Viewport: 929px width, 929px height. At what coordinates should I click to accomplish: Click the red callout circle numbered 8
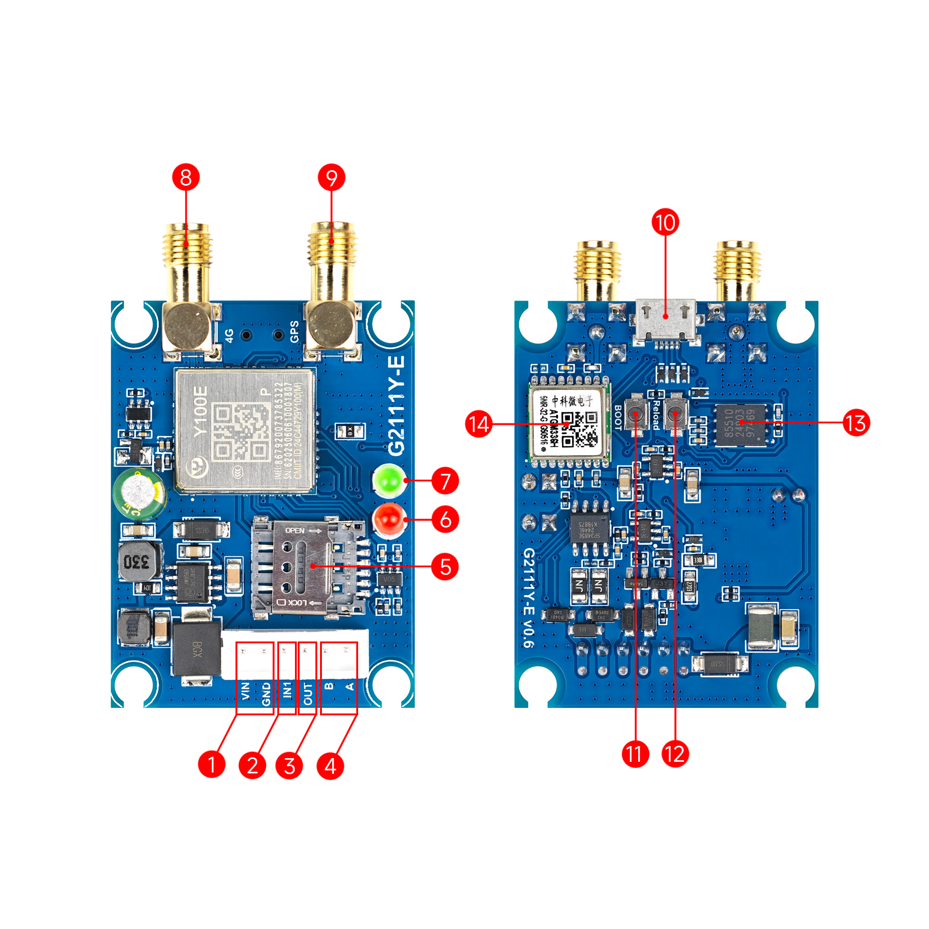coord(186,177)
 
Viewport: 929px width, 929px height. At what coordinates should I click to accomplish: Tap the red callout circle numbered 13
coord(856,423)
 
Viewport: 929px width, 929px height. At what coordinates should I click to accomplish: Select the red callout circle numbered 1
coord(211,764)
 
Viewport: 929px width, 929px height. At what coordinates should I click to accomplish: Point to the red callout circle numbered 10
coord(666,222)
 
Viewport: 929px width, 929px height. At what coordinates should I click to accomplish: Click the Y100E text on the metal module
coord(201,411)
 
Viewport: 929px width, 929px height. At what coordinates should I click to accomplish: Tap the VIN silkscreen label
coord(245,691)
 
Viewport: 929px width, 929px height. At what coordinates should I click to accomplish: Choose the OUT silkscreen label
coord(308,693)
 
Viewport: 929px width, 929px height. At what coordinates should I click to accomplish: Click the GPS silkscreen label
coord(294,332)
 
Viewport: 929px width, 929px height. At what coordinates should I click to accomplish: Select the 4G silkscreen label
coord(230,336)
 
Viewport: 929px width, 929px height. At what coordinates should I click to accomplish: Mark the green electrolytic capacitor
coord(139,492)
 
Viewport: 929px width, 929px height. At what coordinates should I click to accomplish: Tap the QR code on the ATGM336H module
coord(580,428)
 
